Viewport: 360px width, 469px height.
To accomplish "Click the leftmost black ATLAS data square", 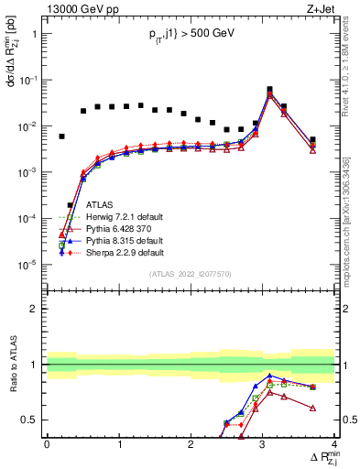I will point(62,136).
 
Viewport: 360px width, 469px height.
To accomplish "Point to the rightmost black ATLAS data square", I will point(313,140).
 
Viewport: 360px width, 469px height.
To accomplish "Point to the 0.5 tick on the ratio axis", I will point(35,420).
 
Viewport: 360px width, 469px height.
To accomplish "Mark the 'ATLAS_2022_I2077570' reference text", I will point(191,273).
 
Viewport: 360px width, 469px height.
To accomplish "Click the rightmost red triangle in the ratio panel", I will point(313,408).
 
